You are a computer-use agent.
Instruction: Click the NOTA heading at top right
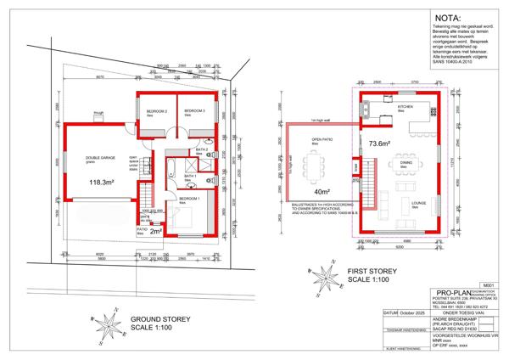pyautogui.click(x=449, y=17)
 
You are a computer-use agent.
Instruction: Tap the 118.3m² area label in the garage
pyautogui.click(x=102, y=181)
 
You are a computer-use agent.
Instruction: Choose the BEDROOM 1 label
pyautogui.click(x=189, y=198)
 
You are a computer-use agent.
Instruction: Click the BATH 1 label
pyautogui.click(x=202, y=177)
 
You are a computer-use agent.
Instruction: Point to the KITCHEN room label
pyautogui.click(x=406, y=107)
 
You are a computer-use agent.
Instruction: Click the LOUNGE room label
pyautogui.click(x=418, y=204)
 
